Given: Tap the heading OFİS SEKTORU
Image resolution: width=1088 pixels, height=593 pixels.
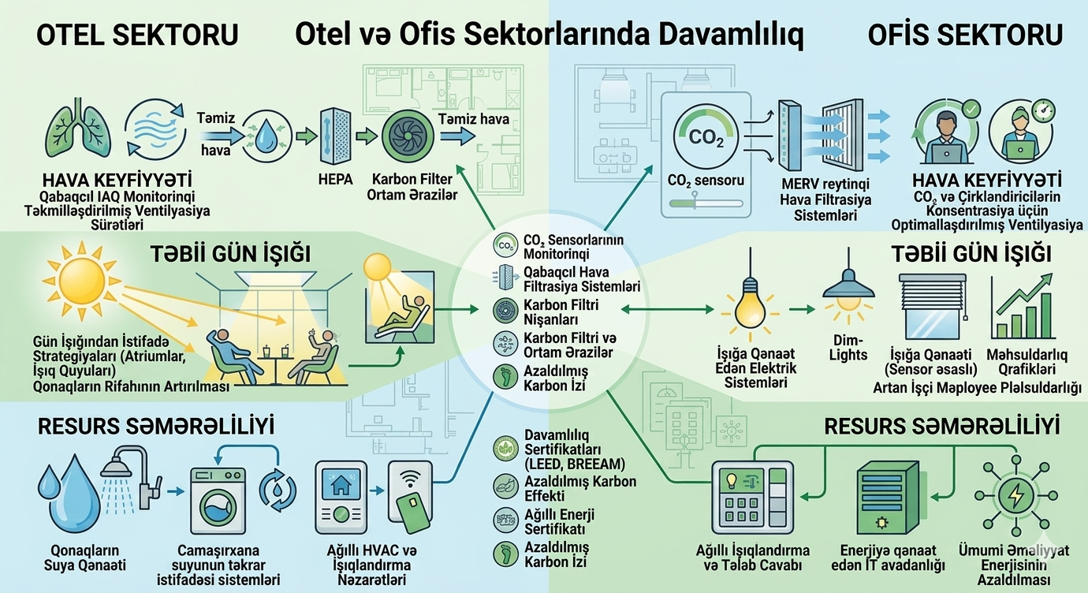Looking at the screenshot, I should tap(965, 35).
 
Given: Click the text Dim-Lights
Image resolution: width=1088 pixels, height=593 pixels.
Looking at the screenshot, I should tap(848, 348).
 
